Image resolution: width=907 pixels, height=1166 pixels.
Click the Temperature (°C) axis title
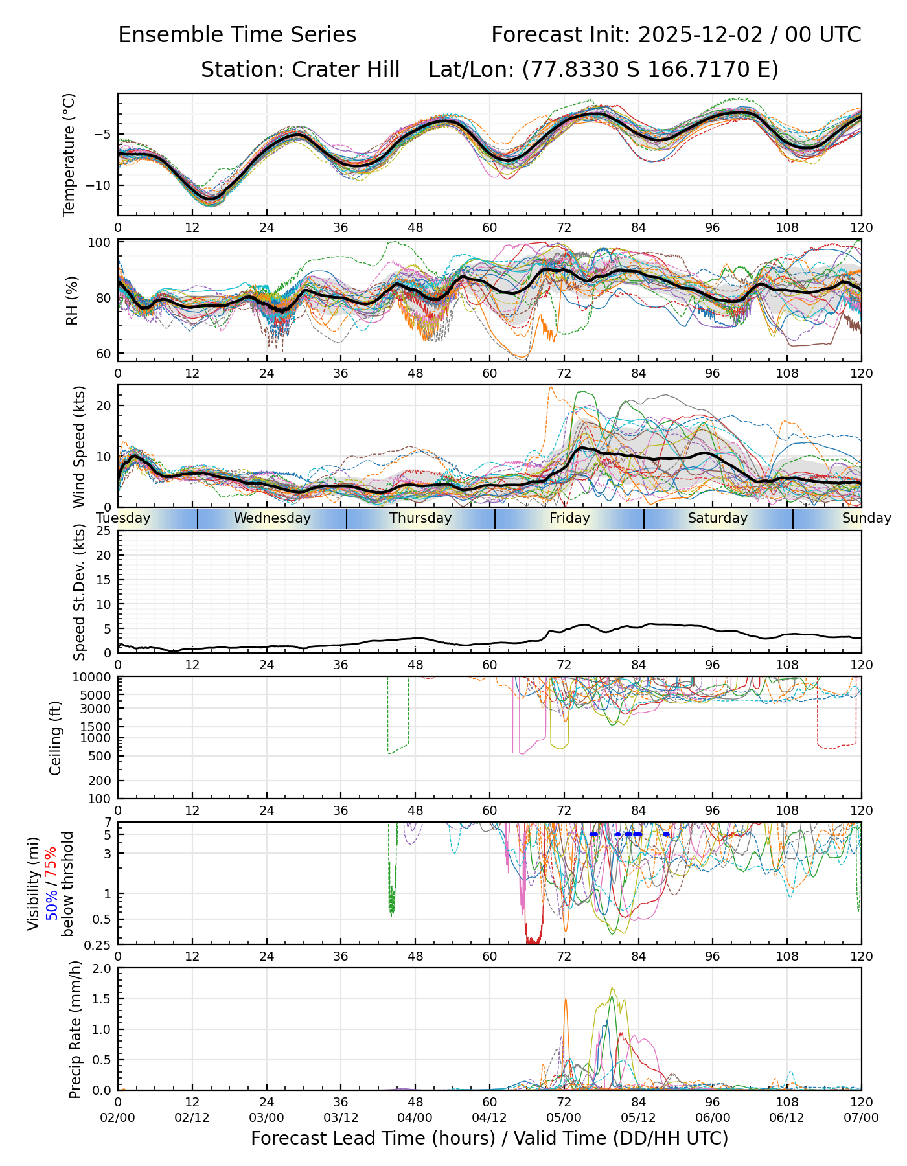tap(69, 154)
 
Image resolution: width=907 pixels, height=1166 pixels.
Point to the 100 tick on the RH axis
tap(100, 243)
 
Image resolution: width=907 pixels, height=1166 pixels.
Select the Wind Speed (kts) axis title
tap(79, 446)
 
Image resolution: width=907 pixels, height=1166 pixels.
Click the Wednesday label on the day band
tap(272, 518)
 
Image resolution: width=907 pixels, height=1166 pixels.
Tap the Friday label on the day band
tap(569, 518)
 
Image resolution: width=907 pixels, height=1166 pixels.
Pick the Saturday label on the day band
tap(718, 518)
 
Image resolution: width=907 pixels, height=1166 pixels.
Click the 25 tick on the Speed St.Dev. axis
tap(104, 531)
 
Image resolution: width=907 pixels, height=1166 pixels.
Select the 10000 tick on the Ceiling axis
tap(94, 678)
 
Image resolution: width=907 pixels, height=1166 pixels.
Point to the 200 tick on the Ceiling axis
tap(100, 781)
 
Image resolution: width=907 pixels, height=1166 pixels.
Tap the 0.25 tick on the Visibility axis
tap(98, 944)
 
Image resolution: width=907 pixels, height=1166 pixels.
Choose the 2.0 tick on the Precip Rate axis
tap(102, 968)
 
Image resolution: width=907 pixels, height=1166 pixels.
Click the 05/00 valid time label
tap(564, 1118)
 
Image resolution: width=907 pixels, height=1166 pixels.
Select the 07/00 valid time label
tap(861, 1118)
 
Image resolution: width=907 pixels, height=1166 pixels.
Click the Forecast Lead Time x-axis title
tap(489, 1138)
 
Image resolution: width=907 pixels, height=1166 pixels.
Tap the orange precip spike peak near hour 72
tap(566, 999)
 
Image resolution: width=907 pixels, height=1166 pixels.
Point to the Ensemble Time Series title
tap(237, 35)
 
